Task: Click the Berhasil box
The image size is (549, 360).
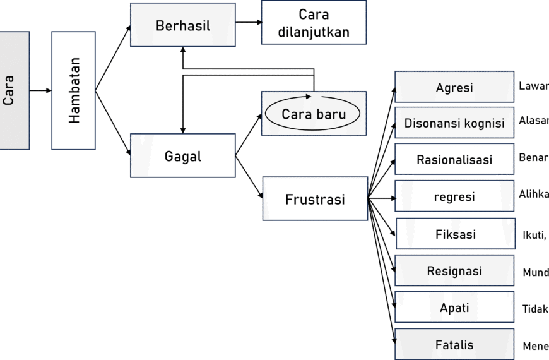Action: [182, 26]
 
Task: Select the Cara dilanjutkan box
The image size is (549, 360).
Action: [313, 23]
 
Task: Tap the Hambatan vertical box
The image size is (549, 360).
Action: [74, 90]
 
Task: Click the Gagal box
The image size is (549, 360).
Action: [182, 155]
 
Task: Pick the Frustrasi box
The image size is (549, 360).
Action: [314, 200]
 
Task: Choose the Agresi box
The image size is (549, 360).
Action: [454, 88]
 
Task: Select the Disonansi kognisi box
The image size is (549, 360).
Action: [454, 123]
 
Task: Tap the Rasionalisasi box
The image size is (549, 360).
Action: [454, 159]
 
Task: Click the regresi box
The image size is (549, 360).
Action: [454, 196]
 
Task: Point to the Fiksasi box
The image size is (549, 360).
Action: [454, 234]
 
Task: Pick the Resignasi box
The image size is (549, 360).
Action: [454, 271]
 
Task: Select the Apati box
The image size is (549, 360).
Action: [454, 308]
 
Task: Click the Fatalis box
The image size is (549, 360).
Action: [454, 345]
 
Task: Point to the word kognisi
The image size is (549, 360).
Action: [483, 123]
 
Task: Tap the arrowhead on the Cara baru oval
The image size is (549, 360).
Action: [309, 97]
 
